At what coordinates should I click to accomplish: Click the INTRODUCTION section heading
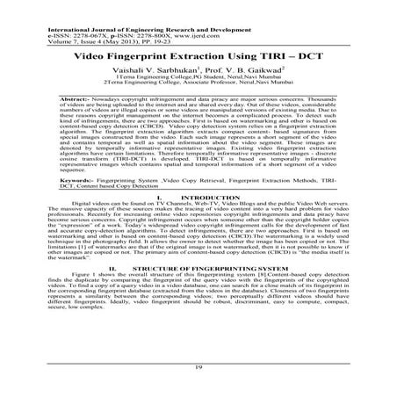208,248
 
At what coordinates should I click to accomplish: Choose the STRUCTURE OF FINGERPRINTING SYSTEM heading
211,309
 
